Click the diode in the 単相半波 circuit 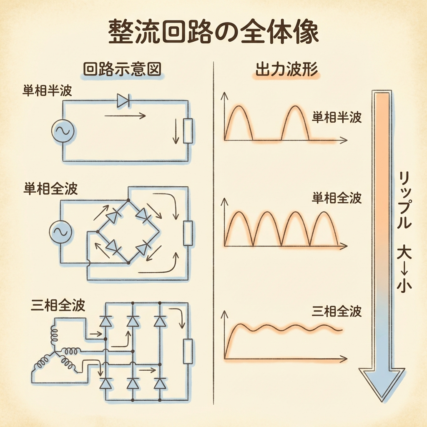pos(124,100)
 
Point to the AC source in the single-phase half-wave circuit pos(63,131)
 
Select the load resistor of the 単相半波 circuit pos(188,131)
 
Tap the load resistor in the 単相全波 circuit pos(188,233)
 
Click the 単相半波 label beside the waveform pos(337,118)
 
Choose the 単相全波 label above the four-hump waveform pos(337,198)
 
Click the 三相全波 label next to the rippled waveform pos(337,311)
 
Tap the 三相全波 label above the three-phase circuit pos(58,305)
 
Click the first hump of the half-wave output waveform pos(239,121)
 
